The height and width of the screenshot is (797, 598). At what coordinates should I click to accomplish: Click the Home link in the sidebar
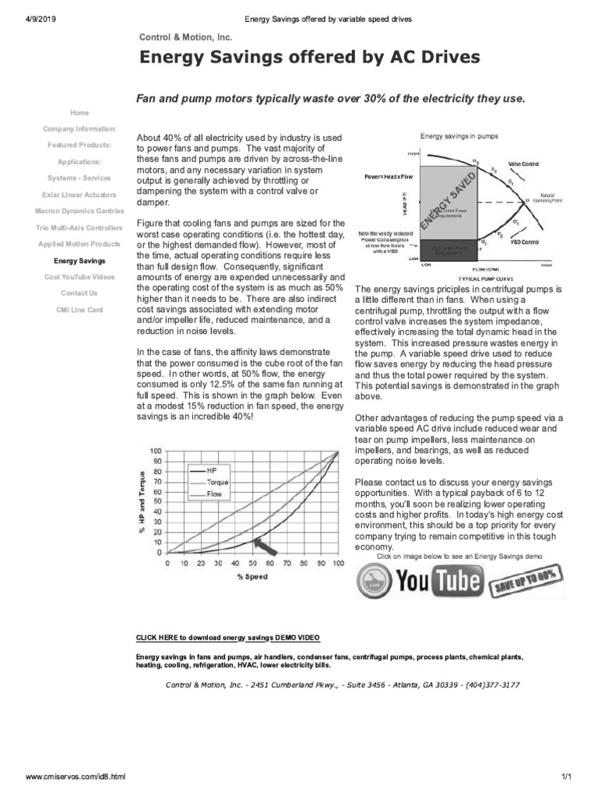coord(79,113)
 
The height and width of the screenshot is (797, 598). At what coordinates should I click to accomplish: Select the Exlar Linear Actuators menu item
coord(79,195)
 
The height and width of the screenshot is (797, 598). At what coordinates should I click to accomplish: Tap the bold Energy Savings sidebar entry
coord(79,261)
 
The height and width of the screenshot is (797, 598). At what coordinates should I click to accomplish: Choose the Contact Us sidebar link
coord(79,293)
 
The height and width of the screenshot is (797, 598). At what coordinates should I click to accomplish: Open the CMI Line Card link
coord(79,310)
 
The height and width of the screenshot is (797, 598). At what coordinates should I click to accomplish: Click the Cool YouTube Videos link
coord(79,277)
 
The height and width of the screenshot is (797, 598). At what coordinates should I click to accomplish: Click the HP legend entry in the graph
coord(211,471)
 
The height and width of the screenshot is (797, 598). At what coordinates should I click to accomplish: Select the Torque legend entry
coord(216,483)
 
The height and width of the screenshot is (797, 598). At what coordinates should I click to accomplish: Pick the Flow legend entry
coord(213,494)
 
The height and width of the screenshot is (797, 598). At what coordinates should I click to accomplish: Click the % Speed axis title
coord(252,577)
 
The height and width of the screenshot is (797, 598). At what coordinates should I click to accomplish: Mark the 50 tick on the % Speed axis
coord(252,563)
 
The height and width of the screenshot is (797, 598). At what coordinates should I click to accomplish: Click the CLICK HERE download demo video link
coord(227,637)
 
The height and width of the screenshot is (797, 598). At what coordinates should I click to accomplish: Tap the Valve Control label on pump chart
coord(523,164)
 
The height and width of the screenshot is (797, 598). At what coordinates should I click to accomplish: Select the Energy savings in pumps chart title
coord(459,136)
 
